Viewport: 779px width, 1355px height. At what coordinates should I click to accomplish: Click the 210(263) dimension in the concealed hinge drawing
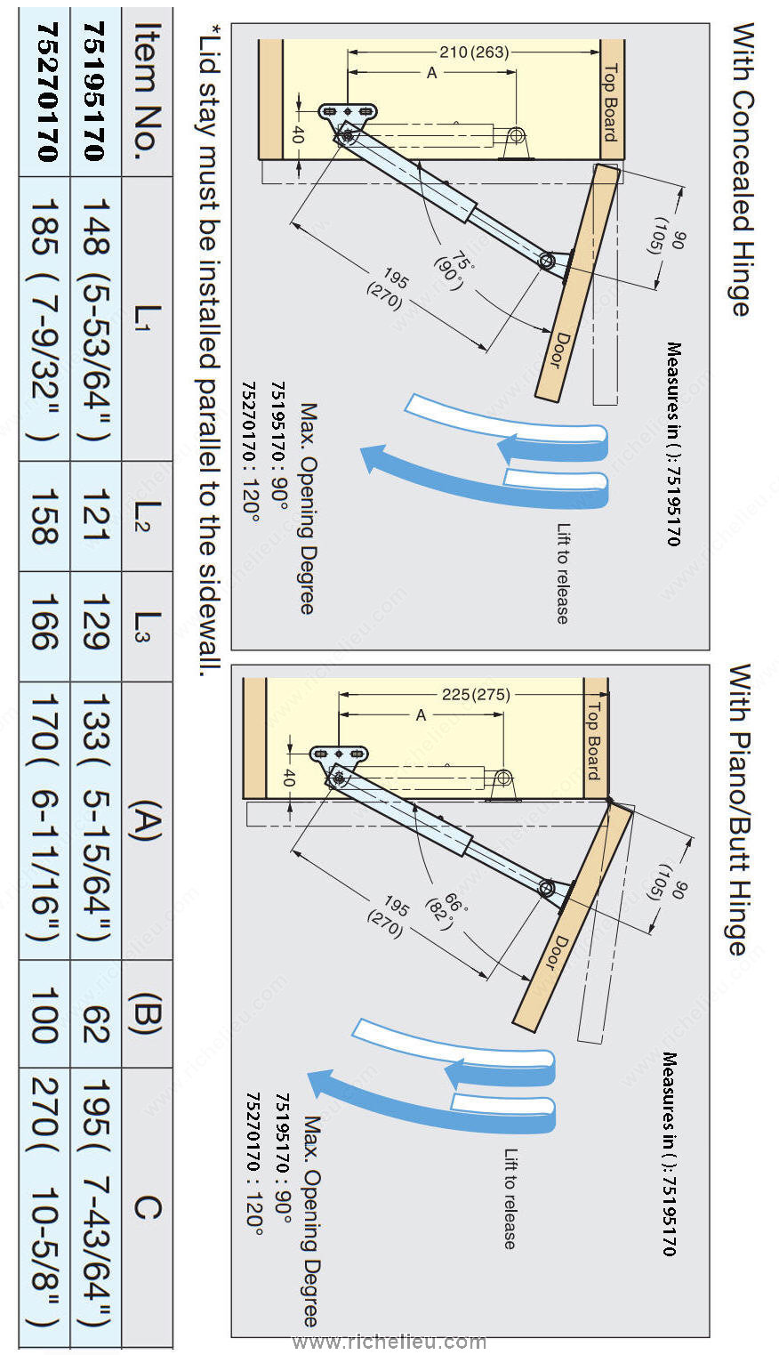(474, 52)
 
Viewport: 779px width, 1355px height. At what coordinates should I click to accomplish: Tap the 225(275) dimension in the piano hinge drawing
(476, 694)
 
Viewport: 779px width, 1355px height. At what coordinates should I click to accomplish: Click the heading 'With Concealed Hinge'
(743, 170)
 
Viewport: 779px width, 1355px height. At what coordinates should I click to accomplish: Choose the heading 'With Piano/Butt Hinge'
(739, 810)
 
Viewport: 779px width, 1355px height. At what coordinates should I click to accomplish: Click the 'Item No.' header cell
(147, 92)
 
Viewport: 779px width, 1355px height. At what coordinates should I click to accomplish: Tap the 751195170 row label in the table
(95, 92)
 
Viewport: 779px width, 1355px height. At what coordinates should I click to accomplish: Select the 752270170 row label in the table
(45, 92)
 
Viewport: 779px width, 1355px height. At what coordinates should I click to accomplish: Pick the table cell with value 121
(95, 516)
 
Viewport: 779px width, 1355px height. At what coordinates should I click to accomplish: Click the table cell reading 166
(45, 626)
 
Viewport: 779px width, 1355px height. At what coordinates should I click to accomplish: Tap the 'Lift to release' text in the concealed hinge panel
(564, 574)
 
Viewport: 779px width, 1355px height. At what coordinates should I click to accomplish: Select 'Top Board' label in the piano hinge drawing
(595, 740)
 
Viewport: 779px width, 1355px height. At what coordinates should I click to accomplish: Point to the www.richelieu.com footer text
(389, 1341)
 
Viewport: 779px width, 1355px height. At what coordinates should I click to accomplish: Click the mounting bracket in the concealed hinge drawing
(348, 112)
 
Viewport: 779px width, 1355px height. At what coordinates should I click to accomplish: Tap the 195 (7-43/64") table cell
(95, 1206)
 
